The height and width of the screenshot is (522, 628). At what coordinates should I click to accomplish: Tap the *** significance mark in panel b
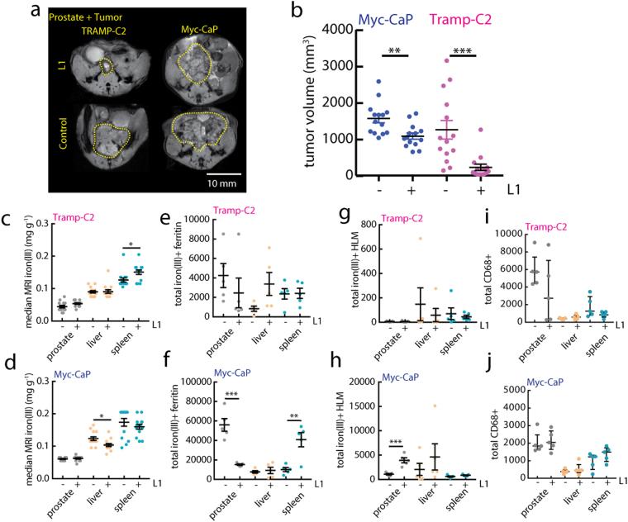coord(462,53)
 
